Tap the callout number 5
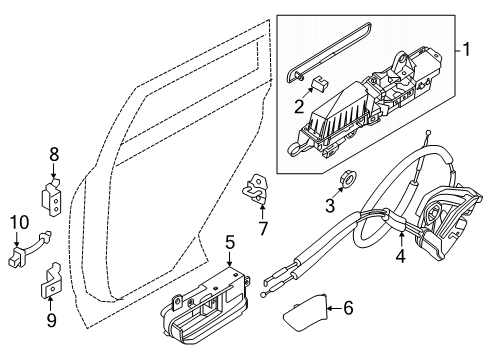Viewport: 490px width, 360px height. click(x=229, y=242)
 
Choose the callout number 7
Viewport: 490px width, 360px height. click(x=263, y=228)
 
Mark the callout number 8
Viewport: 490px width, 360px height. click(x=55, y=154)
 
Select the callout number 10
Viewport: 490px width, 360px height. click(x=18, y=221)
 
